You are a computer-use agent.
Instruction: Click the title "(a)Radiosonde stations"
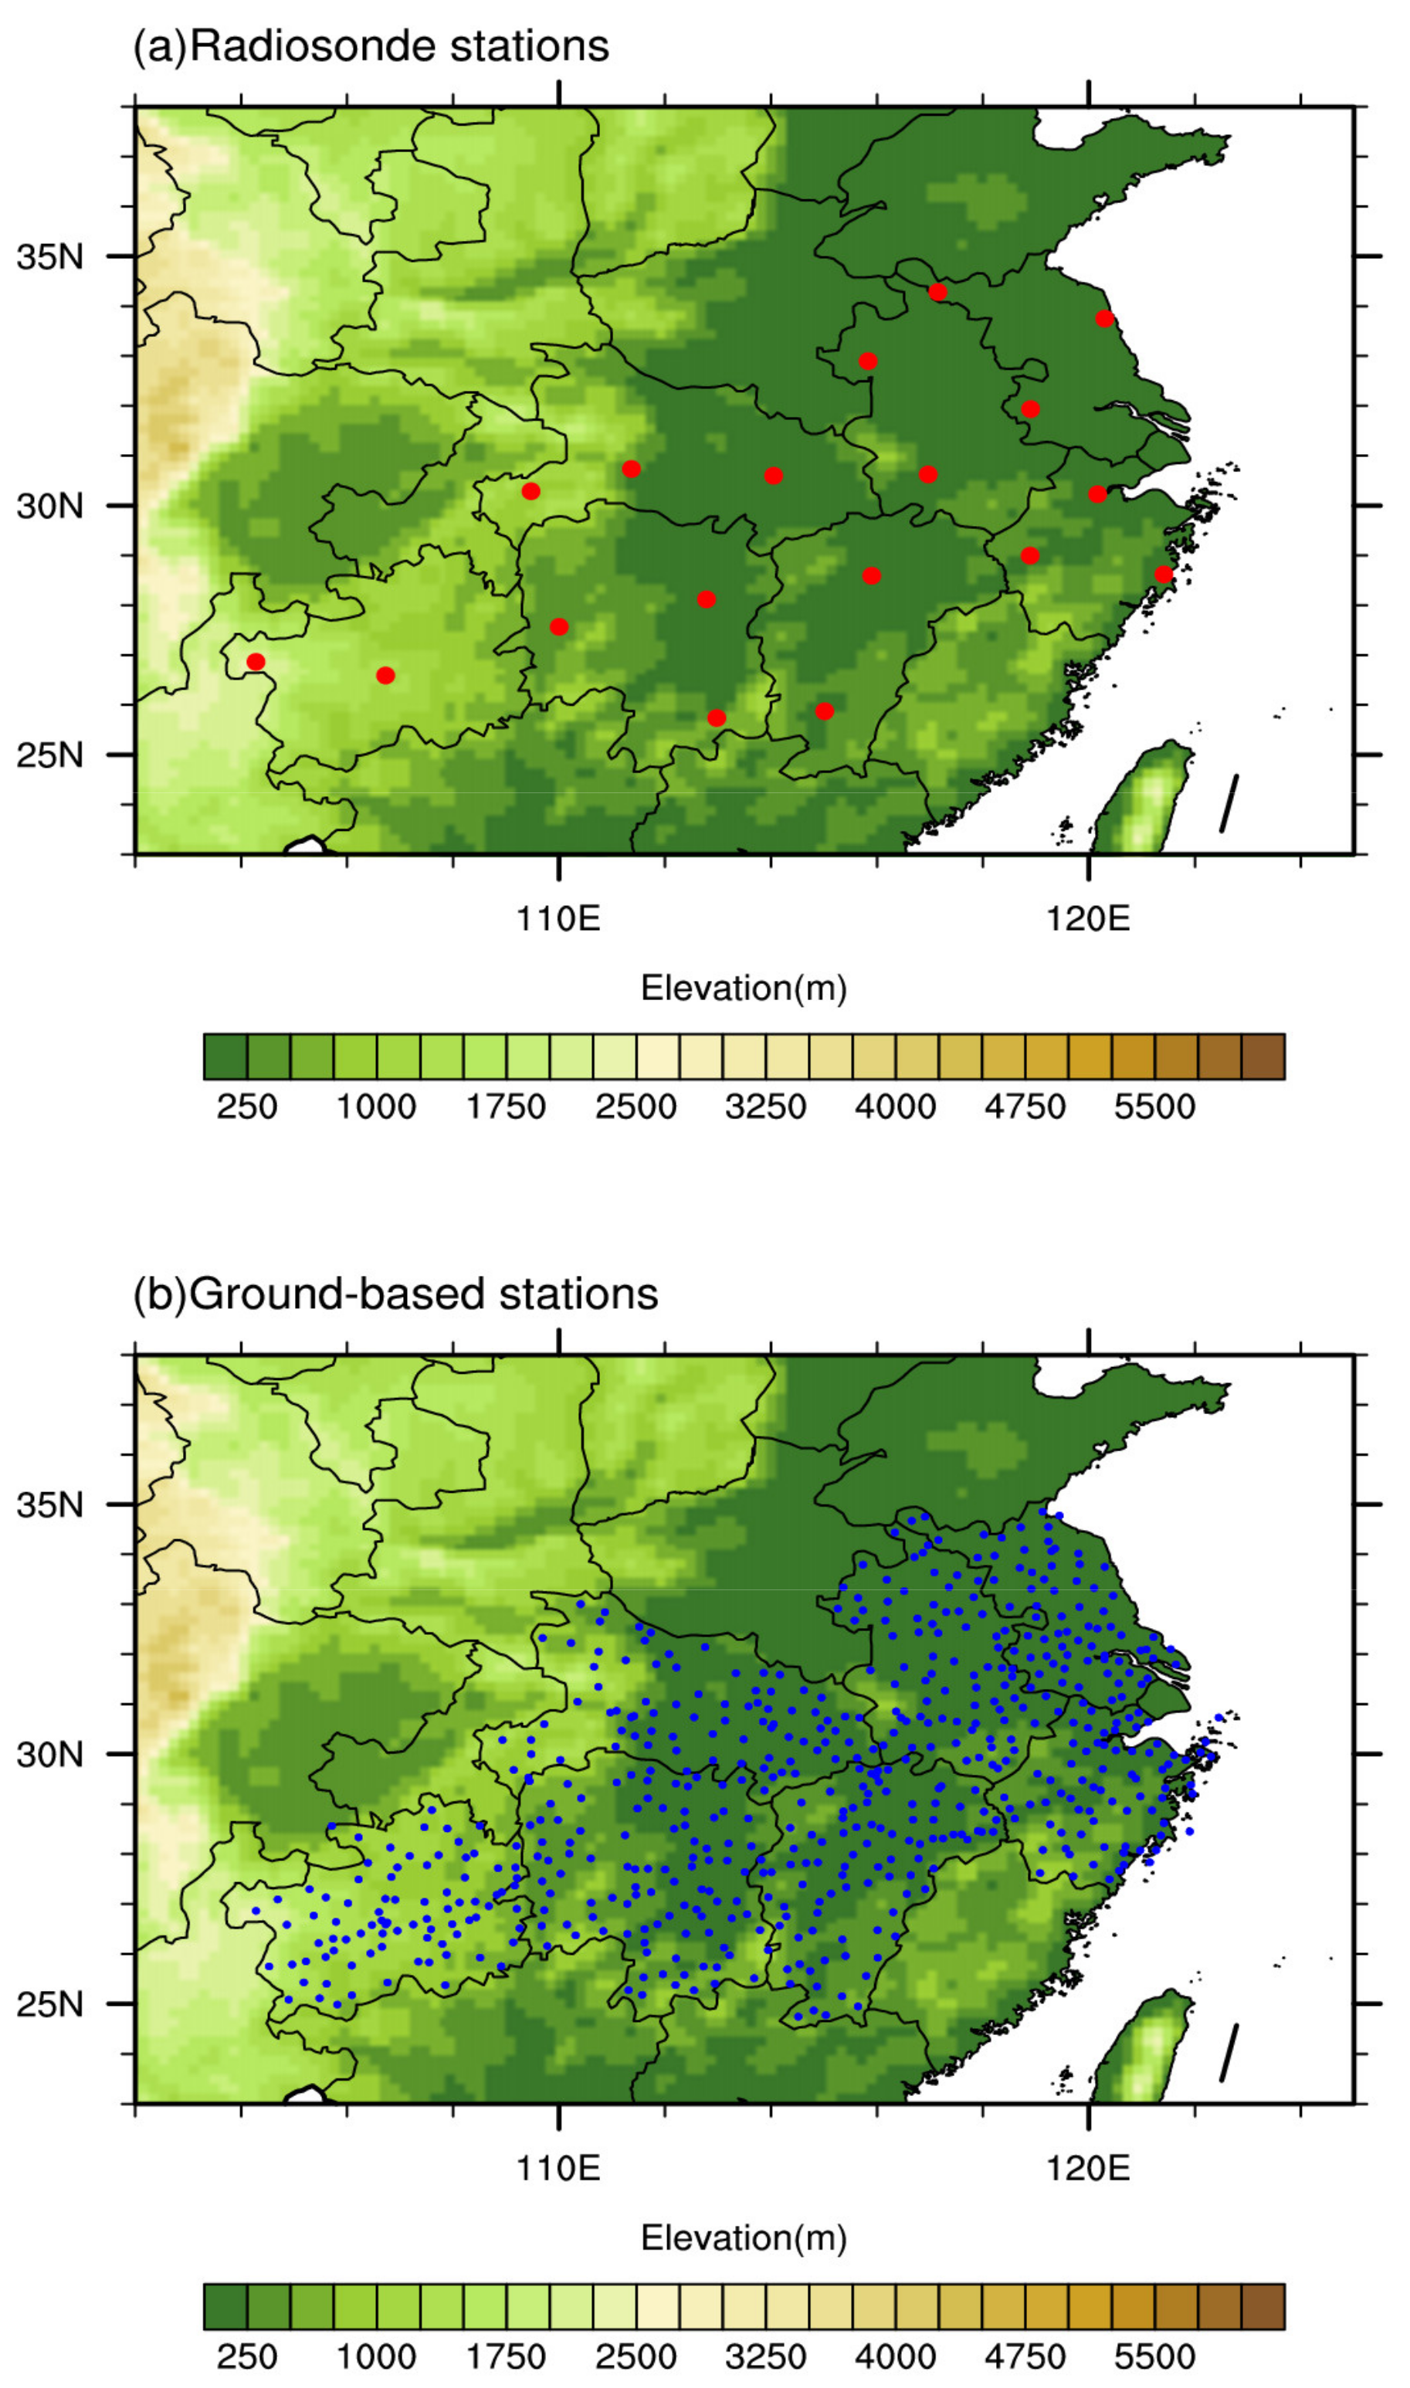point(371,46)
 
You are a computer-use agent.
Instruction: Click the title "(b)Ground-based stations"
point(395,1294)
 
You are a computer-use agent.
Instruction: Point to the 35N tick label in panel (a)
point(50,256)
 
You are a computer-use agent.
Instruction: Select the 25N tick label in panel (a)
point(50,755)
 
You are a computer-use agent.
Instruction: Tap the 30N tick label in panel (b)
point(50,1754)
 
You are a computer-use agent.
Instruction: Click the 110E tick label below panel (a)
point(559,919)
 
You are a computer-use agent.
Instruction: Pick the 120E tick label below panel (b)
point(1088,2169)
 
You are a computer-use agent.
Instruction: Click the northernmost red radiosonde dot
point(937,292)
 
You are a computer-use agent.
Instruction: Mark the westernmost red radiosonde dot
point(256,661)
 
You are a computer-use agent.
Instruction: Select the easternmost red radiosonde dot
point(1164,574)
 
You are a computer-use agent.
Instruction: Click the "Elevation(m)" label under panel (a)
point(743,989)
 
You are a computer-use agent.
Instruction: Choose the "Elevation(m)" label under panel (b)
point(743,2238)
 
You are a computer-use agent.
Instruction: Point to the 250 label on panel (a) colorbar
point(247,1107)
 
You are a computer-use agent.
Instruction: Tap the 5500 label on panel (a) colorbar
point(1154,1107)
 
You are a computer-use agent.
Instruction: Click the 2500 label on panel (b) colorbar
point(636,2356)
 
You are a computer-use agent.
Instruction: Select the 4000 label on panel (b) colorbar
point(895,2356)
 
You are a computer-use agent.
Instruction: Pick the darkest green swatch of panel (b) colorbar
point(225,2307)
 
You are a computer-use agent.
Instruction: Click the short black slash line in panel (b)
point(1229,2053)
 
